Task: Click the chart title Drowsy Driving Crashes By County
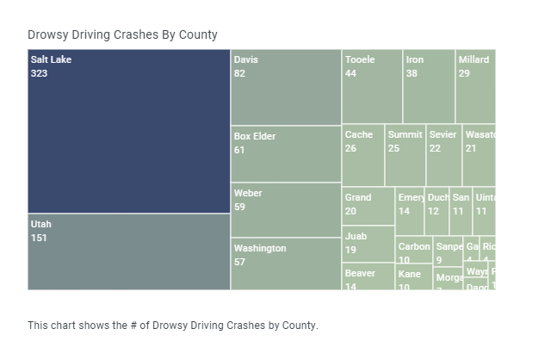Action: click(x=122, y=35)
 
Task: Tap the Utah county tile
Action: click(x=129, y=251)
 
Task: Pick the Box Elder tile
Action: click(x=286, y=154)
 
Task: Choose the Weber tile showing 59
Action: click(x=286, y=209)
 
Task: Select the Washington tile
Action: click(x=286, y=264)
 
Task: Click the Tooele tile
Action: click(x=372, y=86)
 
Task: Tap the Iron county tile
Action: click(x=429, y=86)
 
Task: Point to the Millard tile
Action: click(x=475, y=86)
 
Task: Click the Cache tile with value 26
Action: click(x=363, y=156)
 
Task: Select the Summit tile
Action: click(x=406, y=156)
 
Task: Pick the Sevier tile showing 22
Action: click(x=443, y=156)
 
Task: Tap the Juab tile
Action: click(x=368, y=244)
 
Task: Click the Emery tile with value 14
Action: click(x=410, y=212)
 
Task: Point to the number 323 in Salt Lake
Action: click(x=39, y=74)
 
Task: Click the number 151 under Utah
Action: click(x=39, y=239)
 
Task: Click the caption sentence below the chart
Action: click(x=172, y=326)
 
